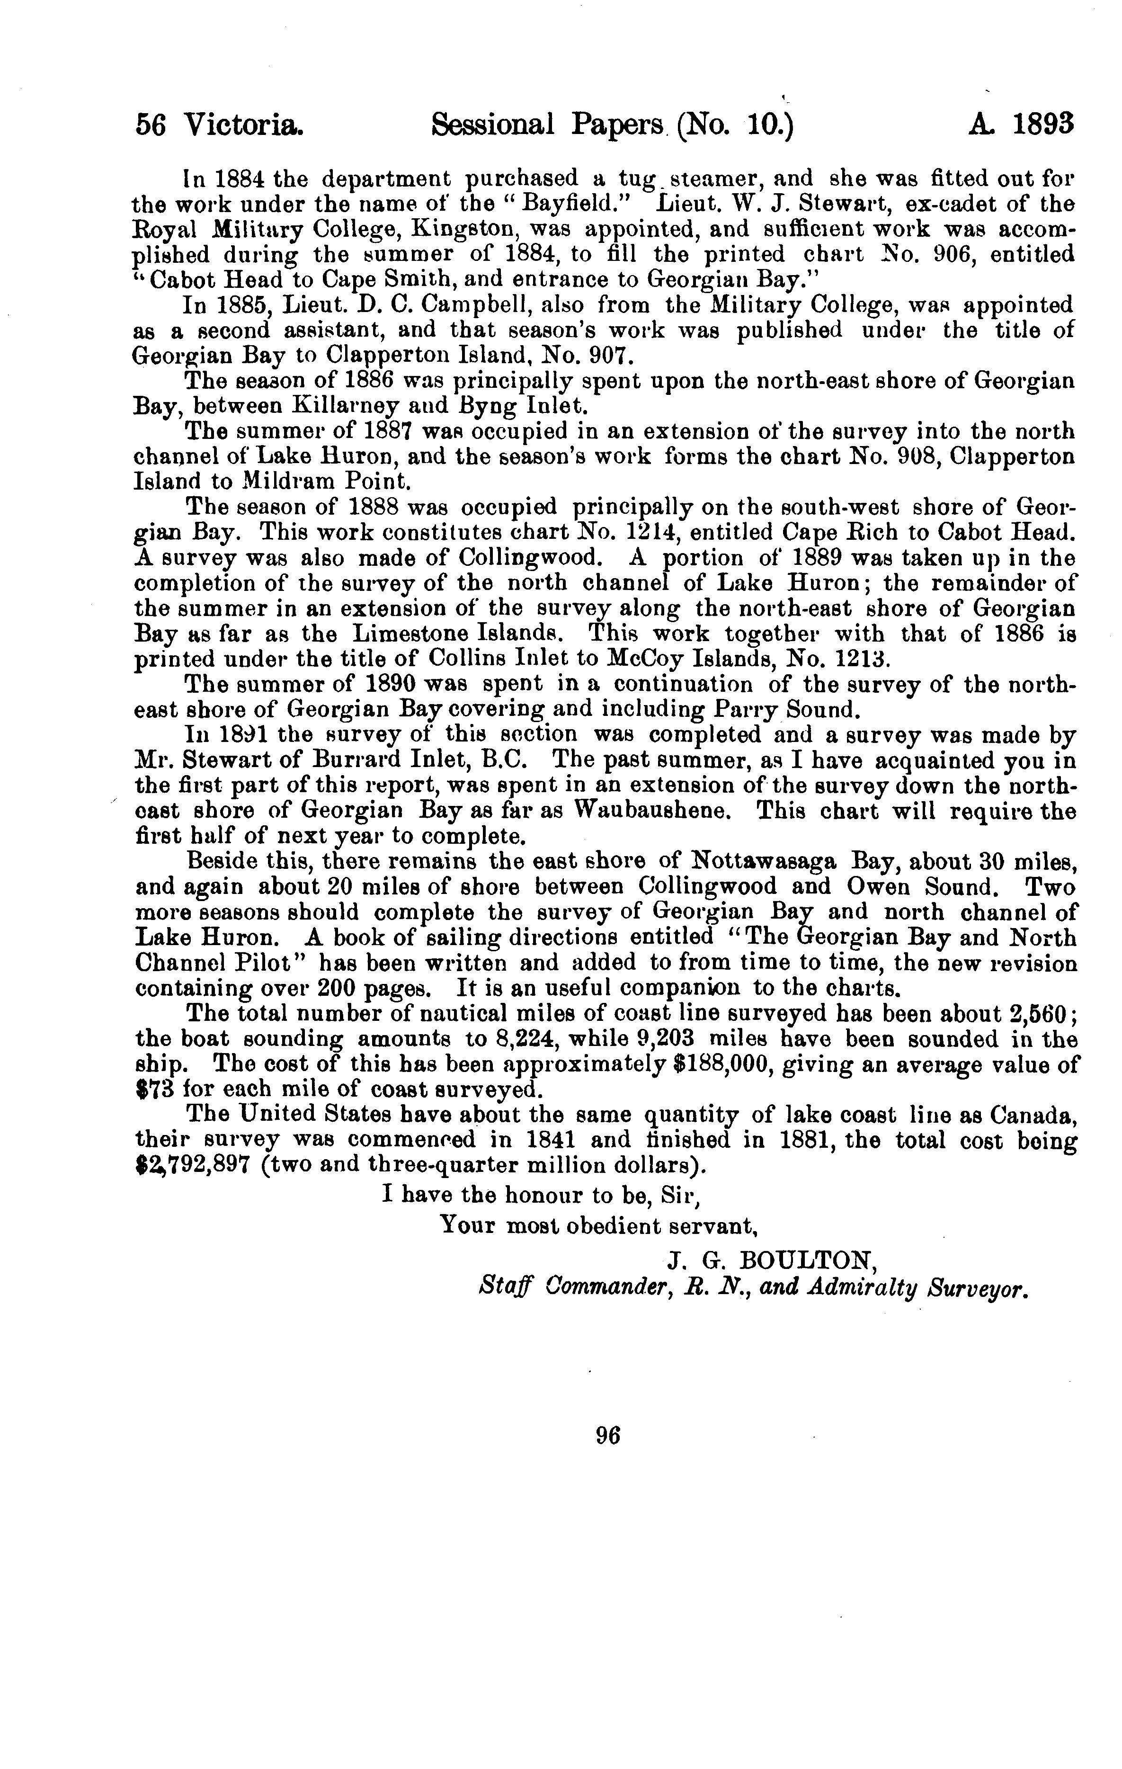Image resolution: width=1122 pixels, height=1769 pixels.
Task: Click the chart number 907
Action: pos(609,356)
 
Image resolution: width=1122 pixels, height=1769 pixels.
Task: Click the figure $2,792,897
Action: pos(189,1166)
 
